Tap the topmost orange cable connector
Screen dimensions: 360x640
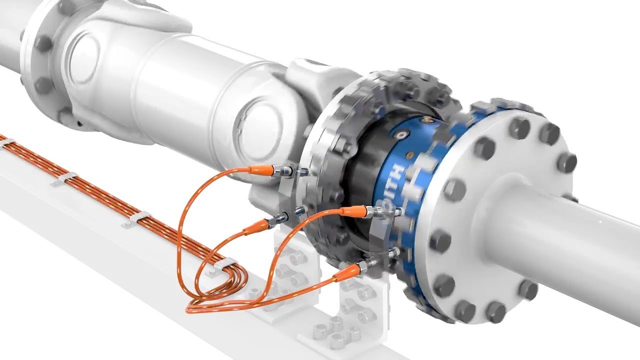[x=260, y=169]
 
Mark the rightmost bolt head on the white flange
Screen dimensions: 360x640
[x=566, y=162]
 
